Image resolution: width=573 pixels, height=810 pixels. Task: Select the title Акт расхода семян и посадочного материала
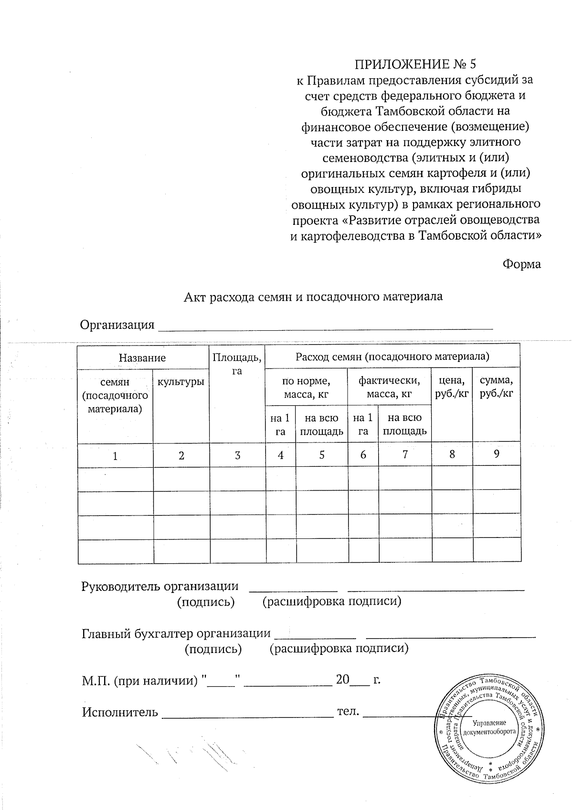pos(314,296)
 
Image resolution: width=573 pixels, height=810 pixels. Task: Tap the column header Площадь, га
pos(237,364)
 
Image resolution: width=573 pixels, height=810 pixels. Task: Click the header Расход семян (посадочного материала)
pos(392,356)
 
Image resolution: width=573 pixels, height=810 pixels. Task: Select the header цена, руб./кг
pos(451,387)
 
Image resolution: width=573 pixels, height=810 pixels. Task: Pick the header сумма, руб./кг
pos(496,387)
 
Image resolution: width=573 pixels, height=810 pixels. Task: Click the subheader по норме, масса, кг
pos(306,388)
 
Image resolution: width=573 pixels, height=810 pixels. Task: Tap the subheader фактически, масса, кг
pos(389,388)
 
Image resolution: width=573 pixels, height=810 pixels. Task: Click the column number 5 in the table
pos(322,455)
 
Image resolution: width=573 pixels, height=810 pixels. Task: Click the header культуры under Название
pos(181,382)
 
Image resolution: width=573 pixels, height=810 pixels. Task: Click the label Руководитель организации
pos(160,587)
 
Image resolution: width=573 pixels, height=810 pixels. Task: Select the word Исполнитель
pos(120,712)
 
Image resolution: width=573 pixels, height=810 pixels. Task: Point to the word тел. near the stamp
pos(348,711)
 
